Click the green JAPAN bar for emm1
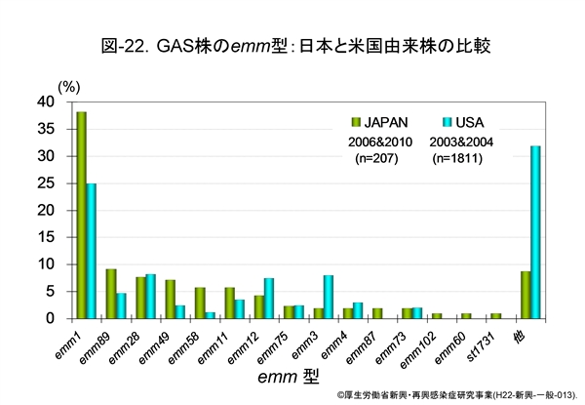81,215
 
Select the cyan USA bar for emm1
92,251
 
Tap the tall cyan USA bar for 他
535,232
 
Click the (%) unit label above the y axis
69,86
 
